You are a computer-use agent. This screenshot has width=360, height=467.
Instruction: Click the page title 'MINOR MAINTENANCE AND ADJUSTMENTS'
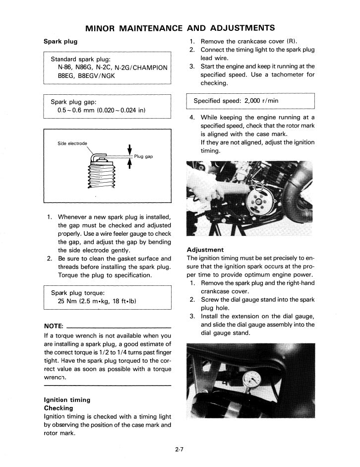click(x=180, y=27)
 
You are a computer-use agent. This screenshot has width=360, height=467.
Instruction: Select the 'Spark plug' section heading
click(x=60, y=41)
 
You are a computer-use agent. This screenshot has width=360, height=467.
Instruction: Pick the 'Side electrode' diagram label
click(x=72, y=143)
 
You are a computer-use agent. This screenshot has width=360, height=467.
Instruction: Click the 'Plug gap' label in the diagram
click(x=143, y=156)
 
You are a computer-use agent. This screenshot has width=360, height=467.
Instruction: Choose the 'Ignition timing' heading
click(x=67, y=400)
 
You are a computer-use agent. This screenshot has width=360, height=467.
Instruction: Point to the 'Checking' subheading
click(x=59, y=408)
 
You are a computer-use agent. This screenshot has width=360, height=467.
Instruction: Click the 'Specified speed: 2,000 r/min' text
click(x=236, y=101)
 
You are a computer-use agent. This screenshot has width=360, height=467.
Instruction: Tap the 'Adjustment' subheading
click(x=205, y=250)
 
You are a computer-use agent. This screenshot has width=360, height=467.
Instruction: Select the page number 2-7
click(x=180, y=450)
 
